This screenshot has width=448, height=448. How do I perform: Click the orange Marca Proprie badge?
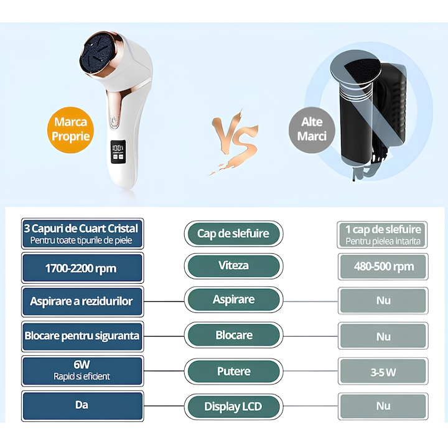(x=70, y=129)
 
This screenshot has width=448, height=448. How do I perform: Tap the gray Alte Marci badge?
(x=312, y=129)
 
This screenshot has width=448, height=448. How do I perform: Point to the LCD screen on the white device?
(x=118, y=152)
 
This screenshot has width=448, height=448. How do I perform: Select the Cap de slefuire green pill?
(x=233, y=233)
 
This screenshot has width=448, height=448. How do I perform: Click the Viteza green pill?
(x=233, y=266)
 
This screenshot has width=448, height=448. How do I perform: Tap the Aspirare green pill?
(x=233, y=300)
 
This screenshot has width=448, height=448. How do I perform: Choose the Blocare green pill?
(x=233, y=335)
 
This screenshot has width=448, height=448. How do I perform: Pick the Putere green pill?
(x=233, y=371)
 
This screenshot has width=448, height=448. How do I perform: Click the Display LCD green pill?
(x=233, y=406)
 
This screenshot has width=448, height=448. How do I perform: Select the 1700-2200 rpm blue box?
(x=82, y=268)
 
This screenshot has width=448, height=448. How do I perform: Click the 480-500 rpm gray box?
(x=383, y=266)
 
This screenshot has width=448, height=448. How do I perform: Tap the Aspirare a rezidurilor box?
(x=82, y=301)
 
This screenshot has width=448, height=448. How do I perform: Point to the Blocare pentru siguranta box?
(x=82, y=336)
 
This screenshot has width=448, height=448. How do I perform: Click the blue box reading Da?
(x=82, y=406)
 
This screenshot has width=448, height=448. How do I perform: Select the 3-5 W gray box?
(x=383, y=371)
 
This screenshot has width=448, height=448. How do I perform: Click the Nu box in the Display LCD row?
(x=383, y=406)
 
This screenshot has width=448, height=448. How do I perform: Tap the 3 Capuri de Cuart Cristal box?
(x=82, y=233)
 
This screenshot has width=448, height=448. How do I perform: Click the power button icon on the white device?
(x=113, y=119)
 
